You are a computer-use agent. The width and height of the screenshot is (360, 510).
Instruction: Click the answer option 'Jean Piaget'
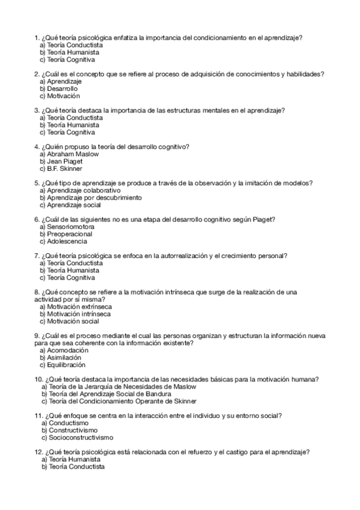click(64, 161)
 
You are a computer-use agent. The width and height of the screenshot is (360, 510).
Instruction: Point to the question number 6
click(37, 220)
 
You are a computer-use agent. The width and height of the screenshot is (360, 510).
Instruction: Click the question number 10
click(38, 379)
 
